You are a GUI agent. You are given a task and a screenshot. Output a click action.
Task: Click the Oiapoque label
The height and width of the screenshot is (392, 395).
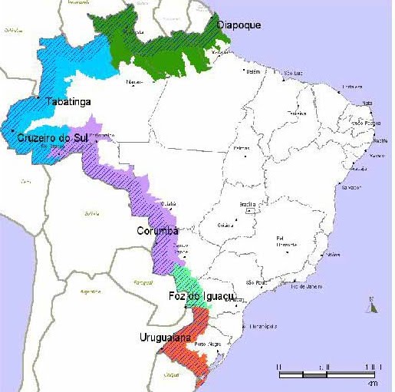(239, 25)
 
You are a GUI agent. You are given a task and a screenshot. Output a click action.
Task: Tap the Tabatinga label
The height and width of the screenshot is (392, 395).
(68, 101)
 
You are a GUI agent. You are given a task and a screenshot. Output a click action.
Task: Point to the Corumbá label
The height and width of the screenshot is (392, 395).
(157, 231)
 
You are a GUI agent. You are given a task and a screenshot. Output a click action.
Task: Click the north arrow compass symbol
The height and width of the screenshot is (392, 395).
(374, 305)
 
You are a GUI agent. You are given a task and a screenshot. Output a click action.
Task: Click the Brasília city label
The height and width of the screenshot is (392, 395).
(248, 204)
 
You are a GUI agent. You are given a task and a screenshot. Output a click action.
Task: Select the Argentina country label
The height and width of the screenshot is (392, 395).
(91, 292)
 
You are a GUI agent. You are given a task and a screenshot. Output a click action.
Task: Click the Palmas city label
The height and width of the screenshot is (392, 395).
(242, 147)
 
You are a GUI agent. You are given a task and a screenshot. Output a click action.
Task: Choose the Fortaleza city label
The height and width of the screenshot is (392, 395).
(352, 86)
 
